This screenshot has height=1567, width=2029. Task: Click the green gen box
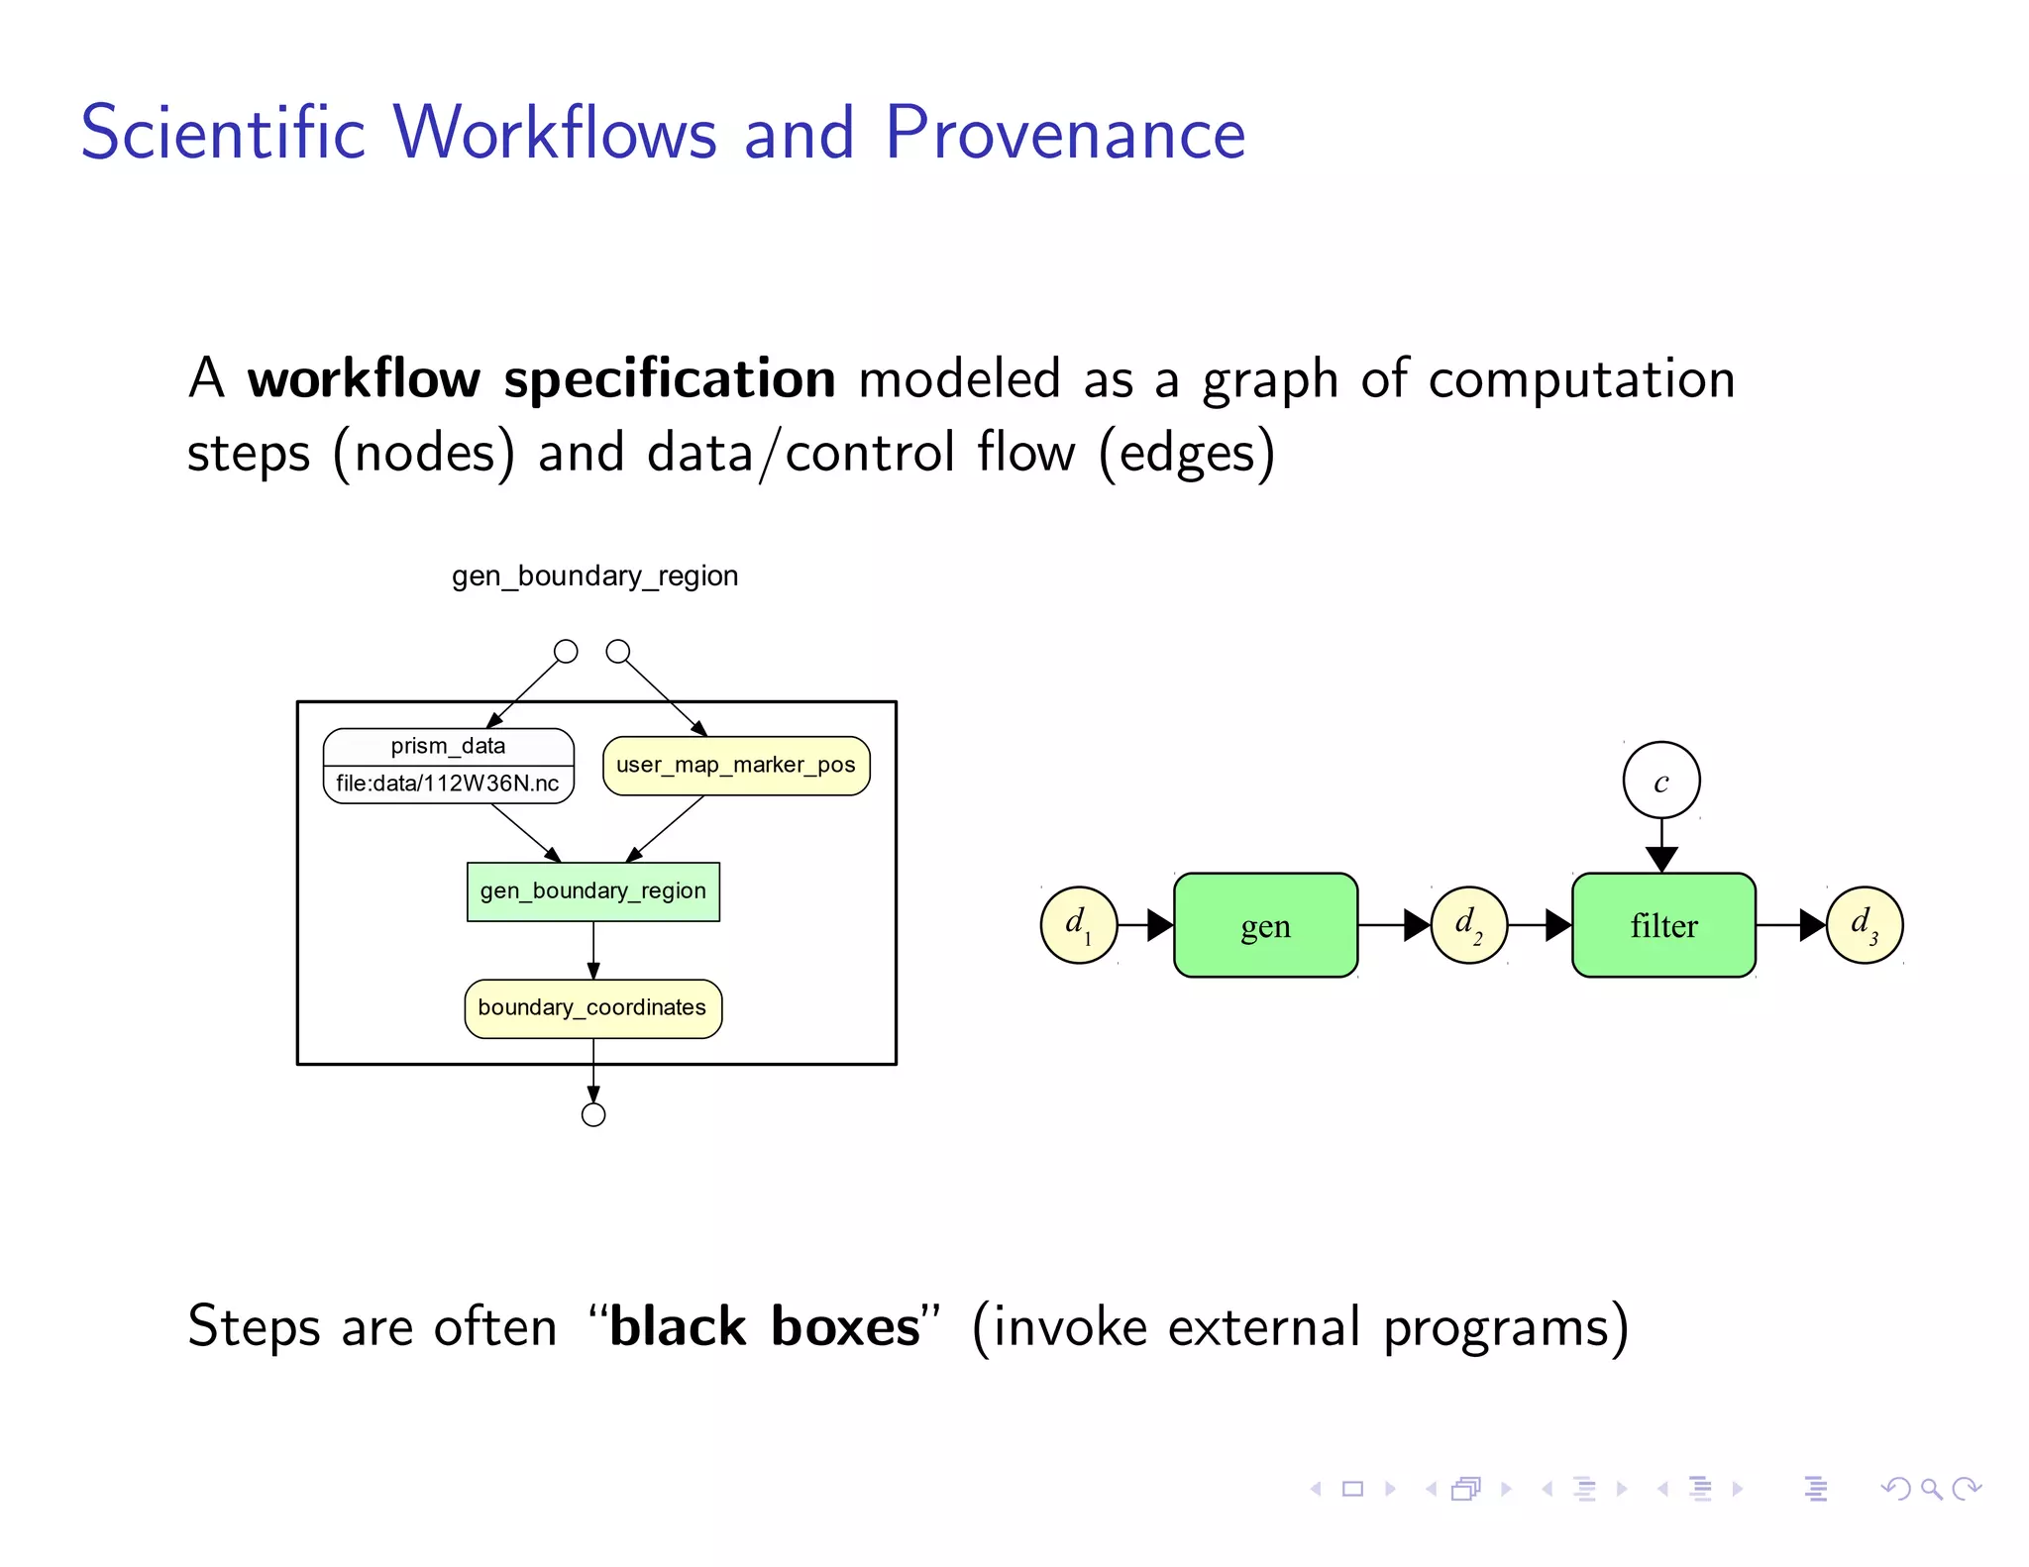[1265, 925]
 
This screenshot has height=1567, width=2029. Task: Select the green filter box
[1663, 925]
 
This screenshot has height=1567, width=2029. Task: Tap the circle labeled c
[1661, 781]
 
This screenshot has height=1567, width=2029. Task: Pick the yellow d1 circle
[1079, 925]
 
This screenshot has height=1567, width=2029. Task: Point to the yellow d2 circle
[1469, 925]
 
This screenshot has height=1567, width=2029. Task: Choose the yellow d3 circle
[1865, 925]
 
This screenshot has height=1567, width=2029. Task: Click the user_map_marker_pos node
[736, 766]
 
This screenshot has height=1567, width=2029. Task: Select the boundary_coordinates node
[592, 1008]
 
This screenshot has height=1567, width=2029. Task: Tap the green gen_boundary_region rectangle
[592, 891]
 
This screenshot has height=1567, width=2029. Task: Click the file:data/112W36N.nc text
[448, 784]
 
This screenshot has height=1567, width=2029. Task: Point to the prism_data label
[448, 746]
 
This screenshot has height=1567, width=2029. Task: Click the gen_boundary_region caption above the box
[594, 575]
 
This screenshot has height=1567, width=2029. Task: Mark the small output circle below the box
[593, 1115]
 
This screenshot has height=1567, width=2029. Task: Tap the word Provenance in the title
[1065, 133]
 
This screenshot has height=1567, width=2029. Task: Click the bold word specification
[670, 380]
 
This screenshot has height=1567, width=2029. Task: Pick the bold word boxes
[845, 1327]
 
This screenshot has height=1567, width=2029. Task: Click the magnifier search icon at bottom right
[1930, 1489]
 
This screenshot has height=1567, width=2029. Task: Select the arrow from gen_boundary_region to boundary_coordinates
[593, 951]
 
